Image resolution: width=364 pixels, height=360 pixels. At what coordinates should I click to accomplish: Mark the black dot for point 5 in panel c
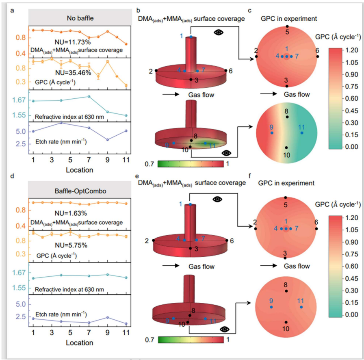287,26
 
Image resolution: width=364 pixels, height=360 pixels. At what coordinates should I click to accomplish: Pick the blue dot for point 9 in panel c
272,132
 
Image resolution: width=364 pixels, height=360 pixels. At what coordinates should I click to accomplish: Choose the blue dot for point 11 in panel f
301,307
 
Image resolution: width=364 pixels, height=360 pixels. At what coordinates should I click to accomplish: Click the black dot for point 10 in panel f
287,322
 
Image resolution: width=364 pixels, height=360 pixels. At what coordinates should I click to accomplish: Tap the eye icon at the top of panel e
218,199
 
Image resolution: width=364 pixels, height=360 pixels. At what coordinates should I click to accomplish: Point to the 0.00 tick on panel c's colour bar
351,147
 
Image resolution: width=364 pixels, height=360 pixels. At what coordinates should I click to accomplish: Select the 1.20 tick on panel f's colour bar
351,218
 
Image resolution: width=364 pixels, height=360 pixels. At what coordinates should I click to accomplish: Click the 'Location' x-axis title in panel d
79,343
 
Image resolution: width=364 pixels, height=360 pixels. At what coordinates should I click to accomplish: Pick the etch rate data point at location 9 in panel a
107,139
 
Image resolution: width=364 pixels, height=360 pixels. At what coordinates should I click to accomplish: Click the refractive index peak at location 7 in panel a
89,96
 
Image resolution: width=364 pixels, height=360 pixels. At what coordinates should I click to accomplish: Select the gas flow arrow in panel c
268,94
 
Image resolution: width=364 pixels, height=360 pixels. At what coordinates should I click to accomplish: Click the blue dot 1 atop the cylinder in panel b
191,37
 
